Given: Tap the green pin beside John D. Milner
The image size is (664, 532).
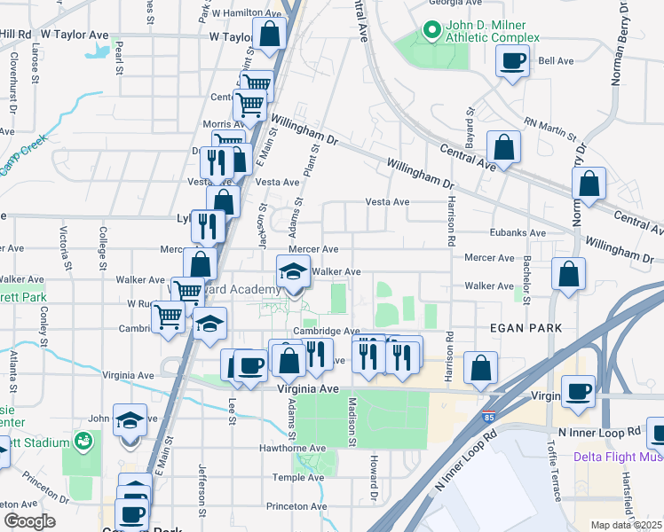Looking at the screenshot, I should point(432,31).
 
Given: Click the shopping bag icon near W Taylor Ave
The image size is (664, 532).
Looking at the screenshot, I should point(269,36).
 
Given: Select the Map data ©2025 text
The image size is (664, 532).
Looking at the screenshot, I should point(626,525).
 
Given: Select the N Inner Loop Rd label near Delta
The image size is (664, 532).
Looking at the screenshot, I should point(599,432).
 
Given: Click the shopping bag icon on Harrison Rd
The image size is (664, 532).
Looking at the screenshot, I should point(480,369).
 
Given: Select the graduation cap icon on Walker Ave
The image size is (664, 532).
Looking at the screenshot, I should point(293,271).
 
